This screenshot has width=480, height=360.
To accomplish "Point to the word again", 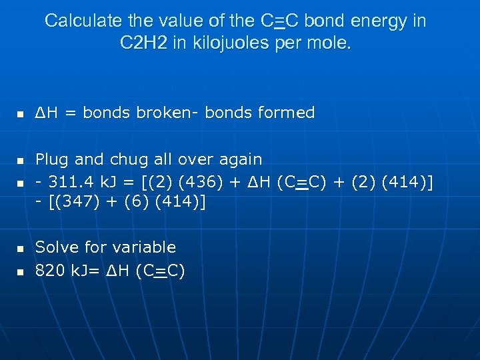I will (237, 160).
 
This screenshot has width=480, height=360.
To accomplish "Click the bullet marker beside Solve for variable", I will (21, 249).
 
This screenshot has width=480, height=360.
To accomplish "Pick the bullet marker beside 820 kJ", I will (21, 272).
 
